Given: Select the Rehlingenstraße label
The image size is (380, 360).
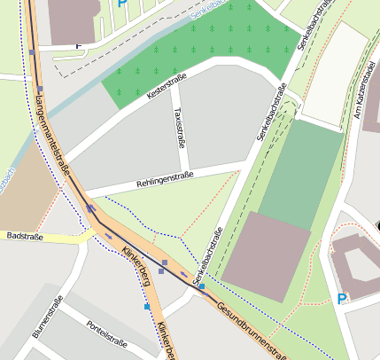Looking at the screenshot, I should pos(164,180).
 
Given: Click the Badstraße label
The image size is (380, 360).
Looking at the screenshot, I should pos(24,237).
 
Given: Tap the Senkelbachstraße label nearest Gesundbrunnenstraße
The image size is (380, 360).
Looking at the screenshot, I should pos(206,256).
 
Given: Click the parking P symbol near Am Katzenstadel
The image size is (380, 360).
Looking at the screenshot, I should pos(342,300).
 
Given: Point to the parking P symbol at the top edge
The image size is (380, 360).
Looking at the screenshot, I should pos(122,4).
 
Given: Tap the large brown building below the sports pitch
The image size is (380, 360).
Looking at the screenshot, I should pos(265,257).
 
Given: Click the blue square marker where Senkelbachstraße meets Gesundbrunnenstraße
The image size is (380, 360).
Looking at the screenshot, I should pos(202,286).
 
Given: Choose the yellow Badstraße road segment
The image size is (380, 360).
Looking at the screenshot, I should pos(66,238).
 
